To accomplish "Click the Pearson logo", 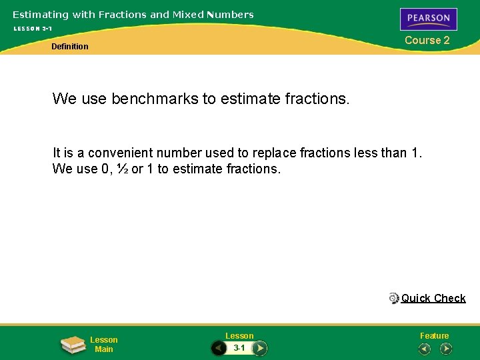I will tap(428, 19).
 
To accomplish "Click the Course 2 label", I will tap(427, 40).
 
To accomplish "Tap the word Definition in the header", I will tap(70, 47).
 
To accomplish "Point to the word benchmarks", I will tap(155, 99).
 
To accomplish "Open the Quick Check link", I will tap(433, 298).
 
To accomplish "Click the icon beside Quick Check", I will tap(394, 298).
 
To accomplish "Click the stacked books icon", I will tap(72, 345).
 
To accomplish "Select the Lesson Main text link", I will tap(104, 345).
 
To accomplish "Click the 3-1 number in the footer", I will tap(239, 348).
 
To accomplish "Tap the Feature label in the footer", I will tap(434, 336).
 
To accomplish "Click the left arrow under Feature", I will tap(424, 349).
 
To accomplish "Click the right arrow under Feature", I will tap(446, 349).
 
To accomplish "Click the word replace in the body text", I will tap(275, 153).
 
